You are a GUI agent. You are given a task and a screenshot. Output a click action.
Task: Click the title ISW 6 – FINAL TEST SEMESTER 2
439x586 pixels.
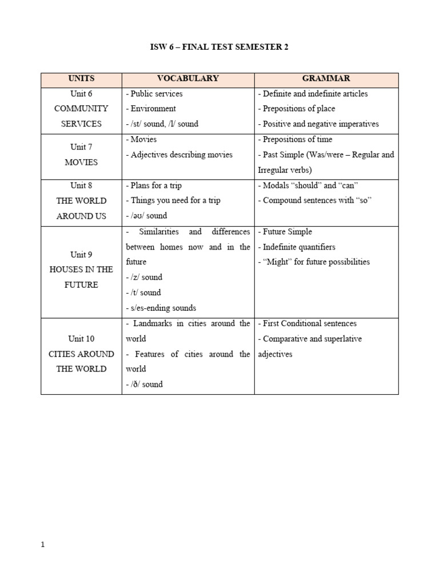pyautogui.click(x=219, y=47)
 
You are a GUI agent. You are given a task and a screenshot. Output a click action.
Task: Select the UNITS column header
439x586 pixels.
pyautogui.click(x=81, y=78)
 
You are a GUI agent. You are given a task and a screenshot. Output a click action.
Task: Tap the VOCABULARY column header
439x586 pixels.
pyautogui.click(x=187, y=78)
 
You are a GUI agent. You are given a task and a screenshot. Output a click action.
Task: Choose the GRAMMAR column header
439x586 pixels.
pyautogui.click(x=326, y=78)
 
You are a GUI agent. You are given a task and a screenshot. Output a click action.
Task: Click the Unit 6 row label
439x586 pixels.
pyautogui.click(x=81, y=93)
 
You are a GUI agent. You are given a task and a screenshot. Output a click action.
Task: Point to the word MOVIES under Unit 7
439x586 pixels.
pyautogui.click(x=81, y=162)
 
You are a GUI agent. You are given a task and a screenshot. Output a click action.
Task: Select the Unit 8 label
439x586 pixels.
pyautogui.click(x=81, y=185)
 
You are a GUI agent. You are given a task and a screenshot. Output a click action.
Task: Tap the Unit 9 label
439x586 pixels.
pyautogui.click(x=81, y=255)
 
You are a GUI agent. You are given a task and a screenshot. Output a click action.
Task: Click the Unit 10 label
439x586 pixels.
pyautogui.click(x=81, y=339)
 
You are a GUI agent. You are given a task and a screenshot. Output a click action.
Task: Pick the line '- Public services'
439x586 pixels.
pyautogui.click(x=154, y=93)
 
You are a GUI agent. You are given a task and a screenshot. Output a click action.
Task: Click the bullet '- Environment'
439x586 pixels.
pyautogui.click(x=151, y=108)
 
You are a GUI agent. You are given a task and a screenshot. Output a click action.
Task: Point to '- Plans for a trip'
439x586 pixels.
pyautogui.click(x=154, y=185)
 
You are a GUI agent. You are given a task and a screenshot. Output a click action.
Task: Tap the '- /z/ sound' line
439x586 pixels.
pyautogui.click(x=144, y=277)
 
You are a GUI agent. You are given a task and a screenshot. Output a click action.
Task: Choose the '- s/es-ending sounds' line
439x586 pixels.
pyautogui.click(x=161, y=308)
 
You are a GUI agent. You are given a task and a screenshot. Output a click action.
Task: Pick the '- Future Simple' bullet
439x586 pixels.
pyautogui.click(x=285, y=232)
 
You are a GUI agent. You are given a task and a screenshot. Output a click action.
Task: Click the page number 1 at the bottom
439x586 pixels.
pyautogui.click(x=43, y=545)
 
